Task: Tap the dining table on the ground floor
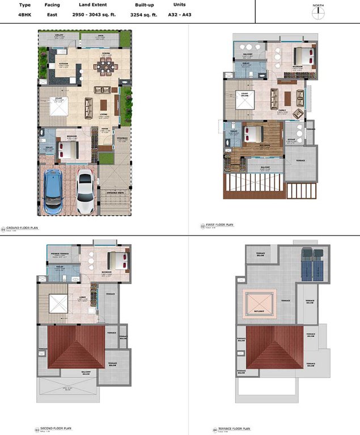click(106, 67)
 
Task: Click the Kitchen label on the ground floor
click(63, 63)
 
